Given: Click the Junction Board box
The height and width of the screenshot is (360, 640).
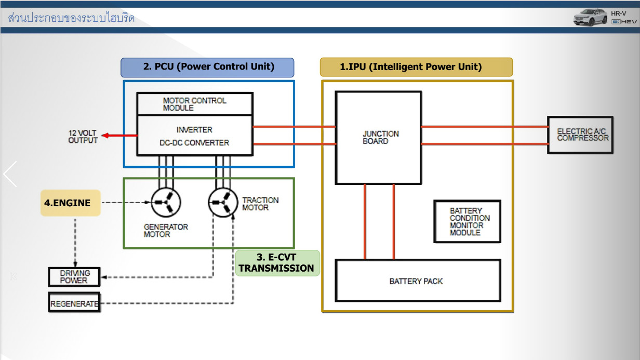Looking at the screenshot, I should (378, 138).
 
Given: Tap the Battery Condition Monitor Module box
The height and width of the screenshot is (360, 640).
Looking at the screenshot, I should (467, 222).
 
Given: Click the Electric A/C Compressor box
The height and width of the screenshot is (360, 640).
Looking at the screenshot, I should (580, 135).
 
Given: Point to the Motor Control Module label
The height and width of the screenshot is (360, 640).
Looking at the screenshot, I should (194, 104).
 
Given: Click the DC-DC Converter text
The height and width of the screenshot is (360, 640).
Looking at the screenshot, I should (195, 143).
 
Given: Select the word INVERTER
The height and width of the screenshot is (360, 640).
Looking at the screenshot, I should (194, 129).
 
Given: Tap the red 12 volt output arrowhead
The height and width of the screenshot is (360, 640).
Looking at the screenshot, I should (105, 136).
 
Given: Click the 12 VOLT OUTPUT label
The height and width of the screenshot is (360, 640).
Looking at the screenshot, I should (83, 137).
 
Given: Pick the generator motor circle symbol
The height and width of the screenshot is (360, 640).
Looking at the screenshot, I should (166, 203).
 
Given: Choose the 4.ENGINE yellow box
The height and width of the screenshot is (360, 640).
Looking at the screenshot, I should (70, 203).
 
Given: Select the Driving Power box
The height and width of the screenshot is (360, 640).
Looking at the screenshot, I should (74, 277).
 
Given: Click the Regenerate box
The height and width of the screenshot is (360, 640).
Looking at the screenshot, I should (74, 303).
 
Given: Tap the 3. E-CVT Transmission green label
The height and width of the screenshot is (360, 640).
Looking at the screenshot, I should (277, 263).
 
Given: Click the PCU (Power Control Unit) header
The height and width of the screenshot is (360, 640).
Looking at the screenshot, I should (208, 67).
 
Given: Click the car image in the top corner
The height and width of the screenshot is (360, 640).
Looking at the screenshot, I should (590, 17).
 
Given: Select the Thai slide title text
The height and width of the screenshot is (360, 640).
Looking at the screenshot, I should (71, 18).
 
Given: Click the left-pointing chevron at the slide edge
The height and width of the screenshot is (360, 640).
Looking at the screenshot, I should (10, 174).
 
